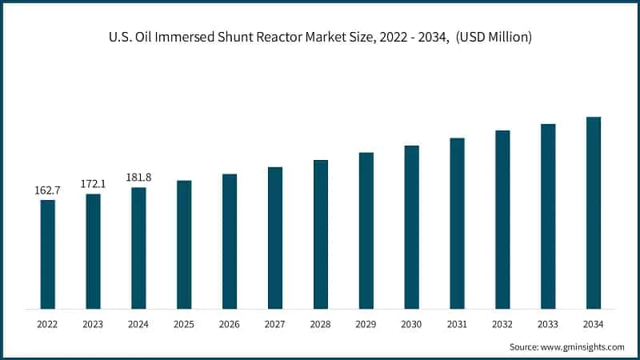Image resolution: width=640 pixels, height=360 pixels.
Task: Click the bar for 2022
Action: (x=48, y=254)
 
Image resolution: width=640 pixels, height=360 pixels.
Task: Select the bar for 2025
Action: (x=184, y=245)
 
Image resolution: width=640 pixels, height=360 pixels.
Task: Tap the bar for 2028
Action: (x=321, y=234)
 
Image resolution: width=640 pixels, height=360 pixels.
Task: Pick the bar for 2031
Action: (x=457, y=223)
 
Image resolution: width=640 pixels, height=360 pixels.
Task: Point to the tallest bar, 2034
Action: (x=594, y=213)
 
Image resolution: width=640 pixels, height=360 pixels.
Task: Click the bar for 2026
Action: (x=230, y=242)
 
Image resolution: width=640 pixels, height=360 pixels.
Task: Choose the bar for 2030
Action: (x=412, y=227)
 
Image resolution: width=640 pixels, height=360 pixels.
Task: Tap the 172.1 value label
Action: (x=94, y=184)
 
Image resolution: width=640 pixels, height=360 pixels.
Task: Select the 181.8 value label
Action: (x=139, y=178)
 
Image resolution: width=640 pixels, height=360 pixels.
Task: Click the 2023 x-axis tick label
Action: (x=94, y=325)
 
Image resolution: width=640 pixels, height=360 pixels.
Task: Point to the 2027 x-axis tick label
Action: (x=275, y=325)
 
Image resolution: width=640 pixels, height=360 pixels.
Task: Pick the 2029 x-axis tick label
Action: (x=366, y=325)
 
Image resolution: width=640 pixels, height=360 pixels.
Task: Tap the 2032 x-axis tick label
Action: (x=502, y=325)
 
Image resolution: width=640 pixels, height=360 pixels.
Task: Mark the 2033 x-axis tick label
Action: (x=548, y=325)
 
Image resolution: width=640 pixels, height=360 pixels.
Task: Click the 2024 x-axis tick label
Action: (x=139, y=325)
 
